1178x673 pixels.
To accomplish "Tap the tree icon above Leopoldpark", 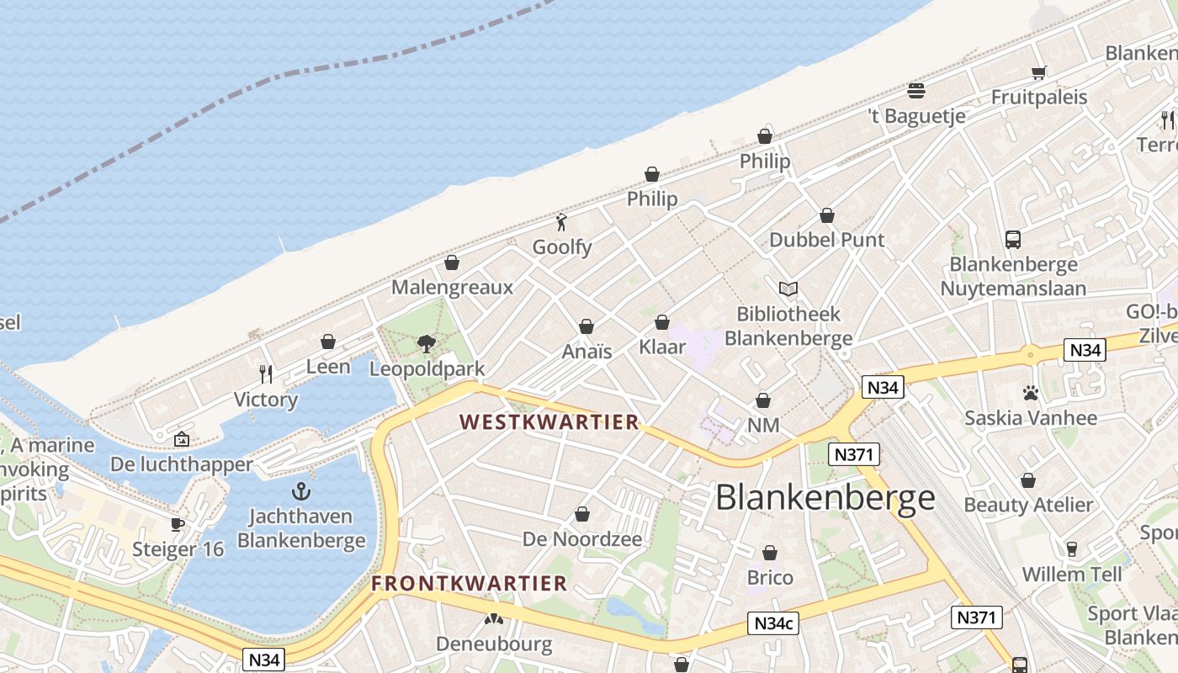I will coord(427,343).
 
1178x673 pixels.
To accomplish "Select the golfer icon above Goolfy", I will coord(561,222).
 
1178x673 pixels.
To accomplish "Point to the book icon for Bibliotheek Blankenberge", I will coord(788,289).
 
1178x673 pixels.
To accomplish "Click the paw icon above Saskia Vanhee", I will coord(1031,392).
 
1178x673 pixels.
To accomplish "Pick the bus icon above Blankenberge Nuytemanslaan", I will coord(1013,240).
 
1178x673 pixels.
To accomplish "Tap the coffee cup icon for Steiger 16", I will coord(178,524).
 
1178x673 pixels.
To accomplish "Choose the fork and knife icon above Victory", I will coord(266,374).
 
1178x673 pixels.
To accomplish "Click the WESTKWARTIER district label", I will coord(549,422).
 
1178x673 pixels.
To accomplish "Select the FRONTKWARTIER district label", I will coord(470,583).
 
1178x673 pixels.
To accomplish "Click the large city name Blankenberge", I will coord(825,497).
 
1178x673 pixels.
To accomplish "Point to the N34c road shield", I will coord(773,623).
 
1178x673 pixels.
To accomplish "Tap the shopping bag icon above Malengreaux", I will coord(452,262).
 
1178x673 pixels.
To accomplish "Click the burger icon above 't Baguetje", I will coord(916,90).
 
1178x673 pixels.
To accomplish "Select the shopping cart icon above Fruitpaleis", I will coord(1039,72).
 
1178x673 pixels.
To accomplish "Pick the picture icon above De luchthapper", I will coord(182,439).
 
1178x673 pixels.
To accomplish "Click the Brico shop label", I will coord(770,578).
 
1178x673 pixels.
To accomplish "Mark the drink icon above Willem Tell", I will coord(1072,549).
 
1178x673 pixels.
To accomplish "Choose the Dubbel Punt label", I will coord(827,240).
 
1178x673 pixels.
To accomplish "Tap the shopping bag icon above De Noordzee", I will coord(582,514).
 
